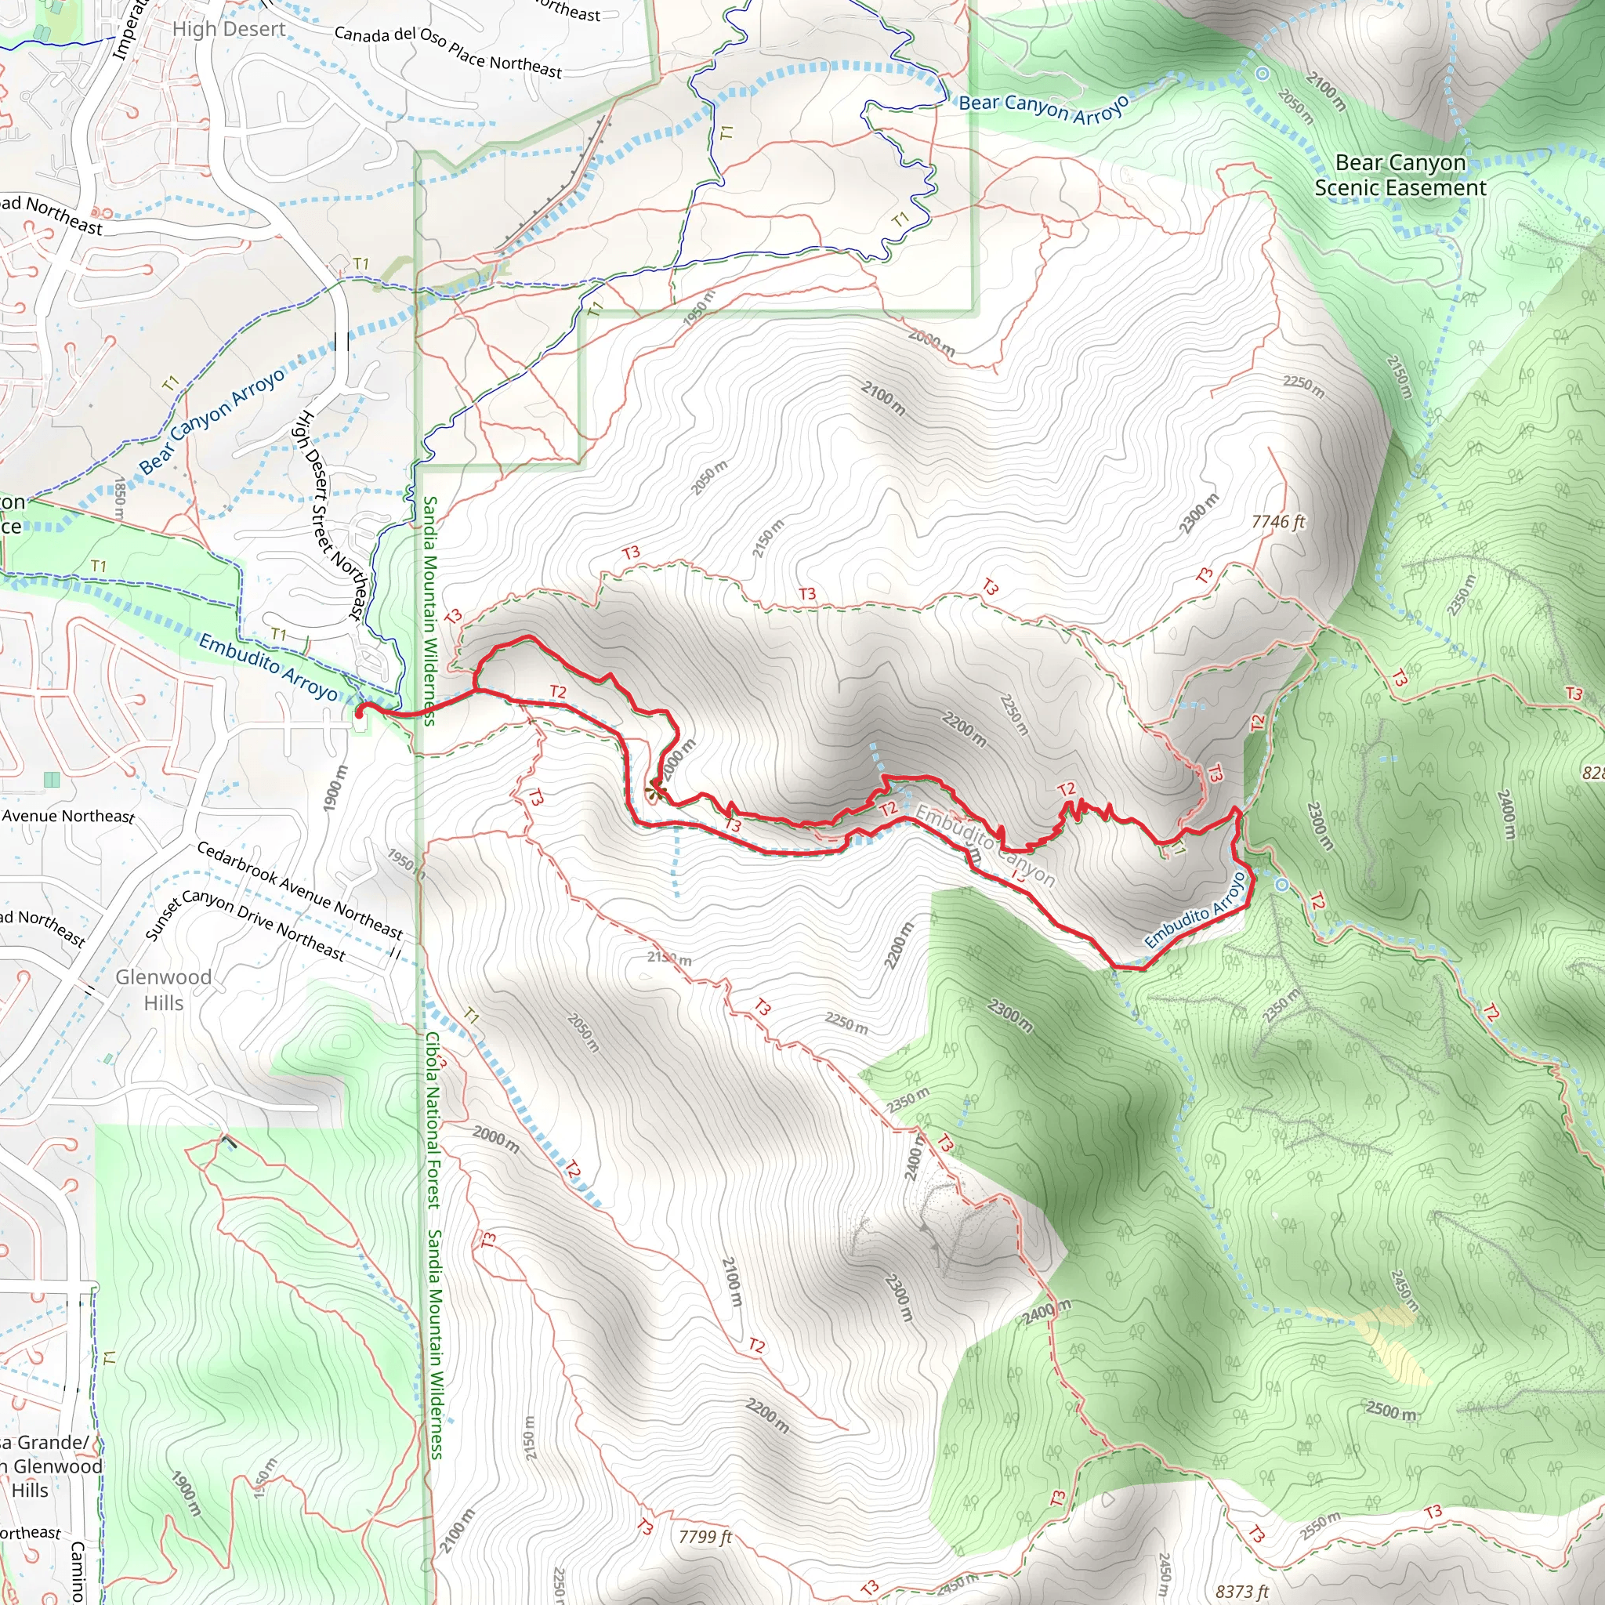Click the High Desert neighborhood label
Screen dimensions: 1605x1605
point(229,29)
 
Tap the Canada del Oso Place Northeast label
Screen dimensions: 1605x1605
point(447,52)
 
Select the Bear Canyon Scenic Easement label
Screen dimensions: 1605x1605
point(1400,176)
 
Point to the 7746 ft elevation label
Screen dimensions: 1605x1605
point(1278,522)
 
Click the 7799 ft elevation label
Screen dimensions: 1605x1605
point(705,1537)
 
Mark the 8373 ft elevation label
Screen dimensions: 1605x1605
point(1242,1592)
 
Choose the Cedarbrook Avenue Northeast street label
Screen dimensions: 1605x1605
point(299,889)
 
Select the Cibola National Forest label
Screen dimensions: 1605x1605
point(433,1121)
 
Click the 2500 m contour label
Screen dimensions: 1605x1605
point(1392,1411)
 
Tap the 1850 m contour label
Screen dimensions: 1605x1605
point(119,499)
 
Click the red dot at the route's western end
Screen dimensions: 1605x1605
point(360,712)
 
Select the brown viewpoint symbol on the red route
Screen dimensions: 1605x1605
point(656,791)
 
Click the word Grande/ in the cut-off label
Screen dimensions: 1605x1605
point(52,1442)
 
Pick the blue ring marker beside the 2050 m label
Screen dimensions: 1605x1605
point(1263,74)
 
